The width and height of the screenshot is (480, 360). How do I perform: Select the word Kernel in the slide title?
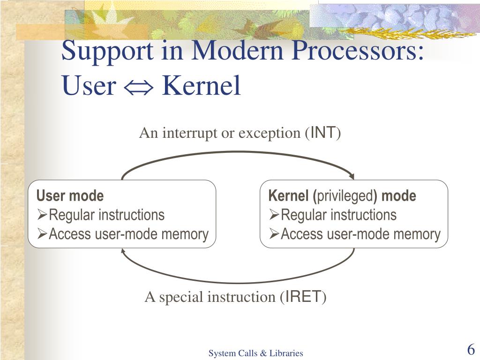tap(201, 86)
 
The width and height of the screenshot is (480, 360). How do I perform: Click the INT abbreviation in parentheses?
tap(323, 134)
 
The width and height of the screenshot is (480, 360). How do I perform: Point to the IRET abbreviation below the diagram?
tap(304, 297)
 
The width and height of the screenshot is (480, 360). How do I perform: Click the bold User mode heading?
tap(70, 195)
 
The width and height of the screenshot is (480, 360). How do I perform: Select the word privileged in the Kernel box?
tap(345, 196)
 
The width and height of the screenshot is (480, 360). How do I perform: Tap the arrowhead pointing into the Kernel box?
tap(352, 177)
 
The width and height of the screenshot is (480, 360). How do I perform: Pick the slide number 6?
tap(471, 350)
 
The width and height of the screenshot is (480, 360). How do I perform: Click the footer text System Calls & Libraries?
tap(256, 353)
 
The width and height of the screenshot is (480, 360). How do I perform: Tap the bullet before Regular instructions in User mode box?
tap(42, 215)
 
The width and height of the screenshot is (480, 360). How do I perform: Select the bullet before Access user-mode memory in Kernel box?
tap(274, 234)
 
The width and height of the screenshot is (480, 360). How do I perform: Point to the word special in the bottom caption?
tap(181, 297)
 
